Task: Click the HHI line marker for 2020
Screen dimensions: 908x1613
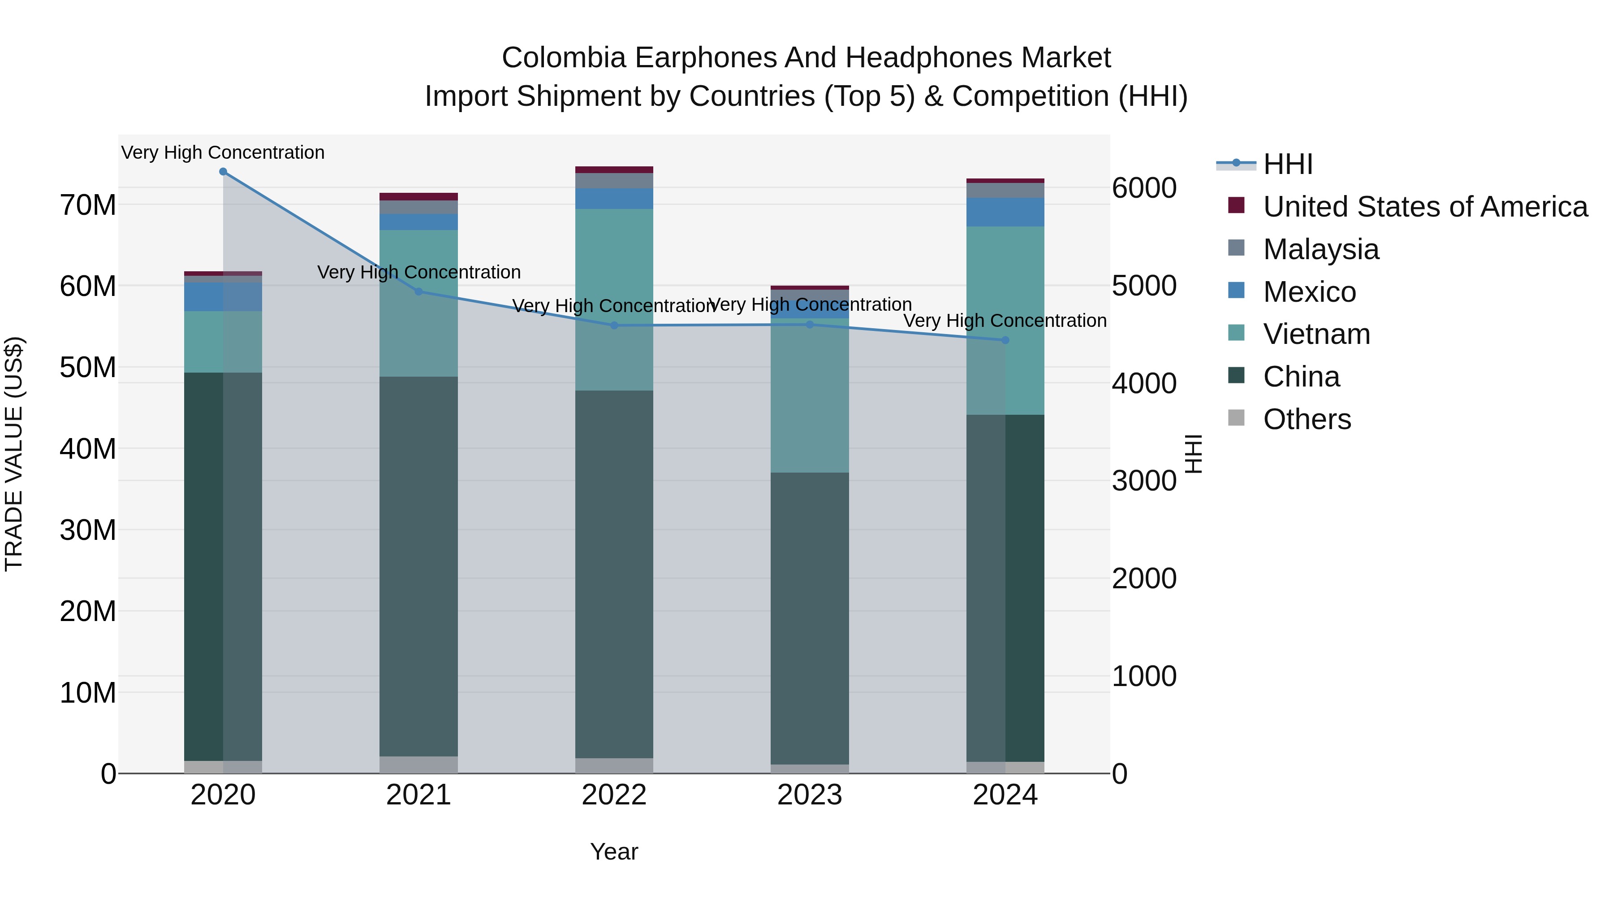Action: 223,172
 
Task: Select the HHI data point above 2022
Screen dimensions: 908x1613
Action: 614,325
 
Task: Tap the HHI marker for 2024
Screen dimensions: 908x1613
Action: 1005,340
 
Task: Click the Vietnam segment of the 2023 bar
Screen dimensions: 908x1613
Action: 810,395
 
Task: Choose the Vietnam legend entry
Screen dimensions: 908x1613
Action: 1316,334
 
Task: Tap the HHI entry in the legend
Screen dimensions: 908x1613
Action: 1287,164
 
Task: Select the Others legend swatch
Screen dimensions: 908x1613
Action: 1236,418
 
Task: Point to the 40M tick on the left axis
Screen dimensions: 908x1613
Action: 88,449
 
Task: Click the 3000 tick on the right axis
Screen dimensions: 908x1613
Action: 1144,481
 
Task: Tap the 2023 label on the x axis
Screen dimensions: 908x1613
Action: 810,795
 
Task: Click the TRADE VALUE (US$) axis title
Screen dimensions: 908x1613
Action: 14,454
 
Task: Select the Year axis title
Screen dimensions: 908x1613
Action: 614,852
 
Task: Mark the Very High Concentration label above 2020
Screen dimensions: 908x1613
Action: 223,152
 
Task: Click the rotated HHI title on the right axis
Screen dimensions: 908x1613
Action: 1194,454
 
